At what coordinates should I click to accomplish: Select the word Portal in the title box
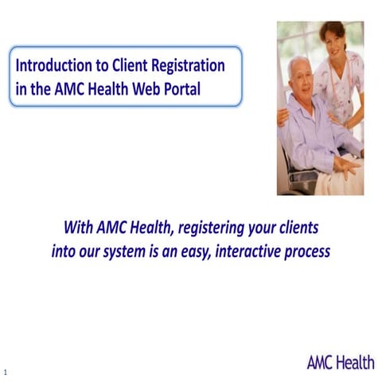point(181,88)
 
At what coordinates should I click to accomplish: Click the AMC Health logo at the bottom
point(340,363)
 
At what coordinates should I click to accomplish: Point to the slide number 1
point(5,372)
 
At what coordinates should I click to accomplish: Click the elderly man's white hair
point(298,60)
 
